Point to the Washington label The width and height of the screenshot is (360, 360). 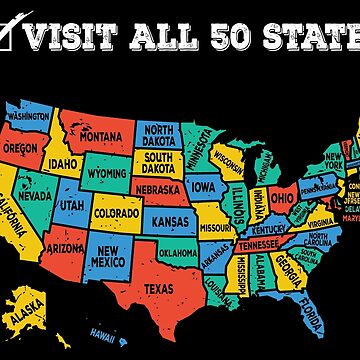pyautogui.click(x=30, y=115)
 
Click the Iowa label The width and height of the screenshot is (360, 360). pyautogui.click(x=204, y=185)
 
